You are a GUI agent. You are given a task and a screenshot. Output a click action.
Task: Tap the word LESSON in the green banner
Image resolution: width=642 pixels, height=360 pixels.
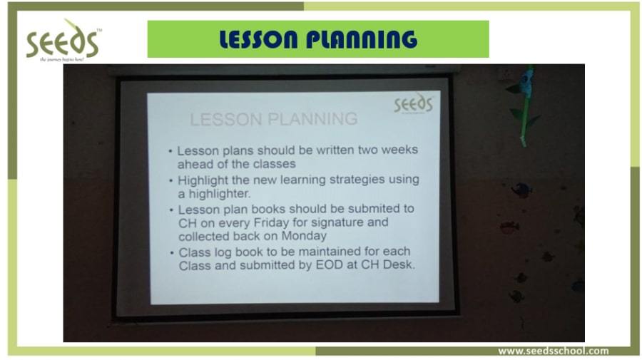tap(258, 39)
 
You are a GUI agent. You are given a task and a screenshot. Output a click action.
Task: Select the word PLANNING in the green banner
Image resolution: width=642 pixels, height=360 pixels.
tap(362, 39)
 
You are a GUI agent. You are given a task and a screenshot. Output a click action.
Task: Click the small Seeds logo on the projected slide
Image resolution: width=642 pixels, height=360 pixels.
tap(413, 103)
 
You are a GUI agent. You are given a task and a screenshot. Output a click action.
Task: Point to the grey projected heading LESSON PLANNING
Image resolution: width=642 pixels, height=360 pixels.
tap(274, 119)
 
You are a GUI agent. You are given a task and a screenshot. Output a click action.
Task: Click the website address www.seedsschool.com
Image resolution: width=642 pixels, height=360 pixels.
tap(553, 351)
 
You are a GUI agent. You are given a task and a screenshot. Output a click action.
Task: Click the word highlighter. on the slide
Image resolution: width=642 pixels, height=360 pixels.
tap(220, 193)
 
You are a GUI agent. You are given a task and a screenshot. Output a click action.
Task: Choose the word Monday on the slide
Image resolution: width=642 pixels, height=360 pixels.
tap(304, 236)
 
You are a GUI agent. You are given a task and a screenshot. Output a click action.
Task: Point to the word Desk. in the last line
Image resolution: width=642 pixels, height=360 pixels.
tap(399, 264)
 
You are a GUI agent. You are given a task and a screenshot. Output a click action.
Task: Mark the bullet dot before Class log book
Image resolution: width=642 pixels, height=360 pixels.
tap(172, 253)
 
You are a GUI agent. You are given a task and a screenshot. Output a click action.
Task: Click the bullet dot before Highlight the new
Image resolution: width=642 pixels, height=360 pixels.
tap(171, 181)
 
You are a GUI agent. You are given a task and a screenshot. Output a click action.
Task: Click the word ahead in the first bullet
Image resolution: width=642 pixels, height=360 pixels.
tap(192, 164)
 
